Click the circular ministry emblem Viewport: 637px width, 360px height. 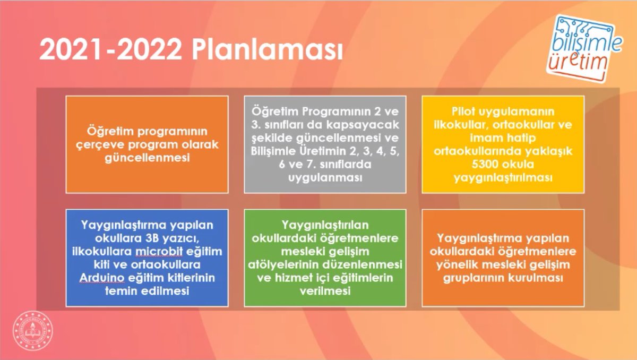click(x=33, y=331)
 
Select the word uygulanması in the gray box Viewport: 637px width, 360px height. click(x=325, y=177)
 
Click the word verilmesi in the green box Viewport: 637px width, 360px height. click(x=325, y=291)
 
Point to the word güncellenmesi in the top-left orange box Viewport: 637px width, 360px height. click(x=147, y=158)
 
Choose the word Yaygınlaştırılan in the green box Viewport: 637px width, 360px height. click(x=325, y=225)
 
